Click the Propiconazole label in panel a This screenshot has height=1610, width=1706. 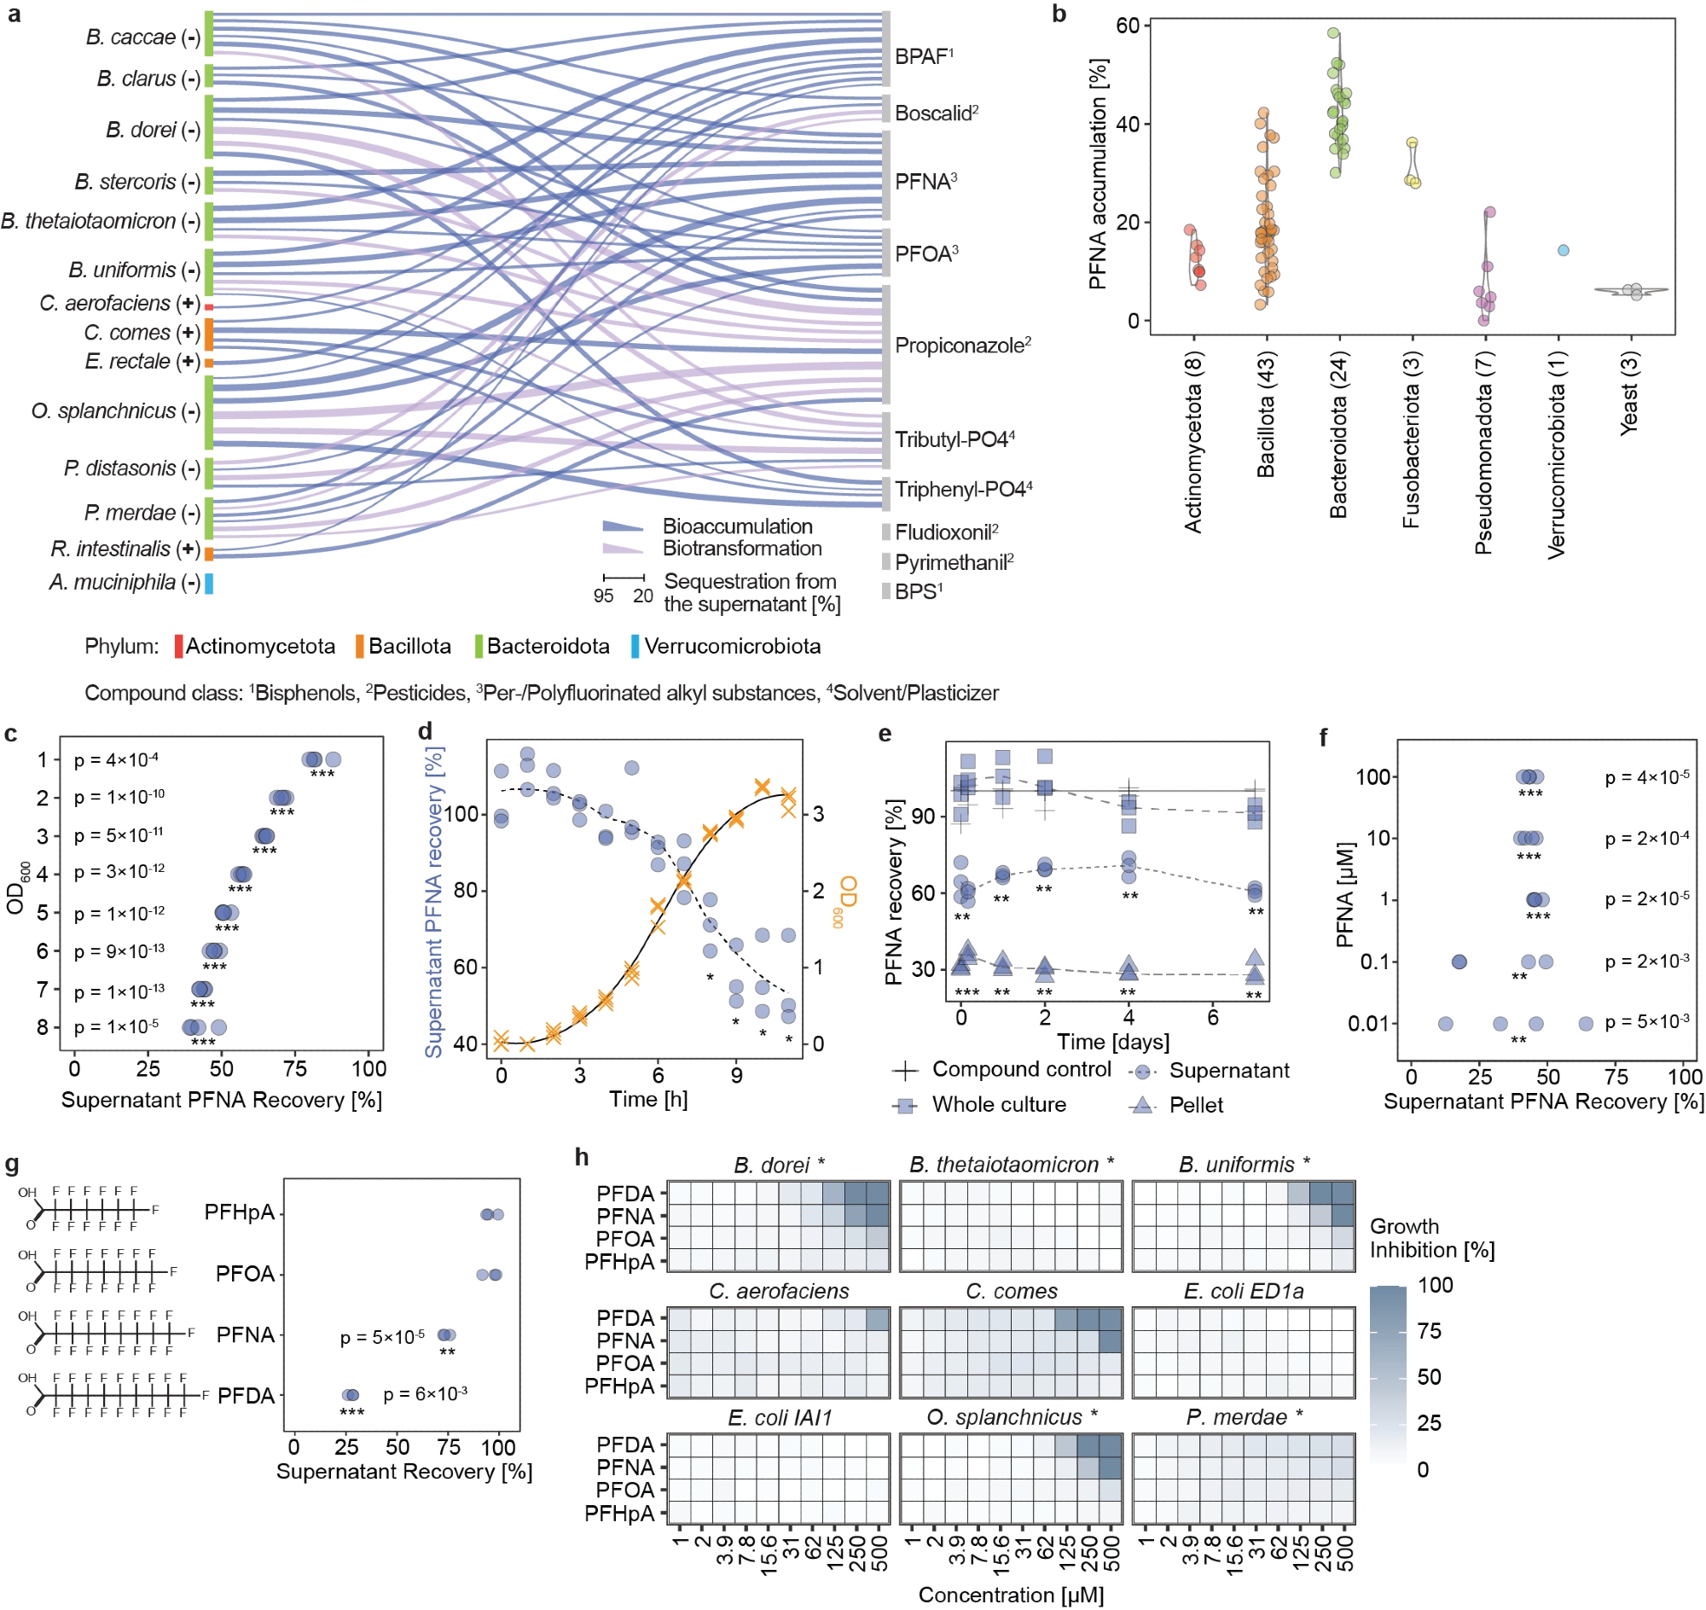click(x=961, y=346)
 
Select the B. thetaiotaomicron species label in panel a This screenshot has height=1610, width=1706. click(x=101, y=222)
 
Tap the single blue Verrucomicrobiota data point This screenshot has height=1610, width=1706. click(x=1563, y=251)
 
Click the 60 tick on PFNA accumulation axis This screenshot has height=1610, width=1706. click(x=1127, y=26)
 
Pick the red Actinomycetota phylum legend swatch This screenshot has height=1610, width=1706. click(x=178, y=646)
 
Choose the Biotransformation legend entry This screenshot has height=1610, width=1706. click(x=741, y=549)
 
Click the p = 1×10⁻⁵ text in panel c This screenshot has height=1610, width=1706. click(x=116, y=1026)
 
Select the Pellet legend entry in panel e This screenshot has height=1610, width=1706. click(x=1195, y=1105)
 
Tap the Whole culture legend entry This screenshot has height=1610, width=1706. click(x=998, y=1105)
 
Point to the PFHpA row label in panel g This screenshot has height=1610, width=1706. click(x=240, y=1212)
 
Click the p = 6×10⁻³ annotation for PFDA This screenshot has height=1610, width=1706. click(x=425, y=1395)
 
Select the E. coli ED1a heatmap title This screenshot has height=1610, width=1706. click(x=1243, y=1292)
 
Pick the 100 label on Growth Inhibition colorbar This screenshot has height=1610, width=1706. click(x=1435, y=1285)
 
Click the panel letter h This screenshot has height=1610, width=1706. click(x=582, y=1158)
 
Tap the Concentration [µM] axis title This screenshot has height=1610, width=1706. click(x=1010, y=1595)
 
